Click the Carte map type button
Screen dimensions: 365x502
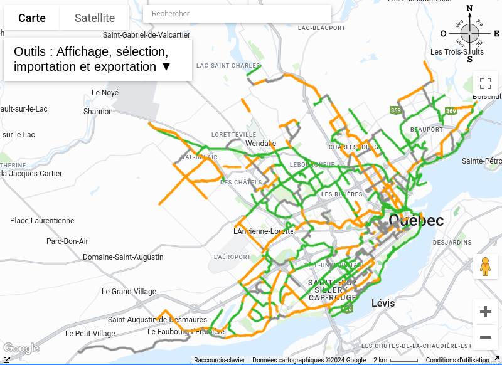[x=32, y=18]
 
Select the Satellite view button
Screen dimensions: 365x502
[x=95, y=18]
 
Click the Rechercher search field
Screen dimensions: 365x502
[x=237, y=14]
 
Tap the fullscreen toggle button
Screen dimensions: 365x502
[x=485, y=83]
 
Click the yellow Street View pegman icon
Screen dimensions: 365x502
[x=485, y=267]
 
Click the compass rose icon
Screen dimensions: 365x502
[x=469, y=34]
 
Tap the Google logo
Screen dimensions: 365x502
[x=21, y=349]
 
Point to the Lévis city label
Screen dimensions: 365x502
[x=383, y=303]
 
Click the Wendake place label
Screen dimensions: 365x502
[x=260, y=144]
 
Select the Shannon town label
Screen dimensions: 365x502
[x=99, y=112]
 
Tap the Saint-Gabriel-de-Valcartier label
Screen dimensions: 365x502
[x=146, y=35]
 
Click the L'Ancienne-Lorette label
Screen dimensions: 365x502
[x=263, y=231]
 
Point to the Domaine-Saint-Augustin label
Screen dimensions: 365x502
[x=123, y=257]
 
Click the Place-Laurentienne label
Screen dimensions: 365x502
[x=42, y=221]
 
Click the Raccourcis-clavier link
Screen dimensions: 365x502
[x=219, y=360]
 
